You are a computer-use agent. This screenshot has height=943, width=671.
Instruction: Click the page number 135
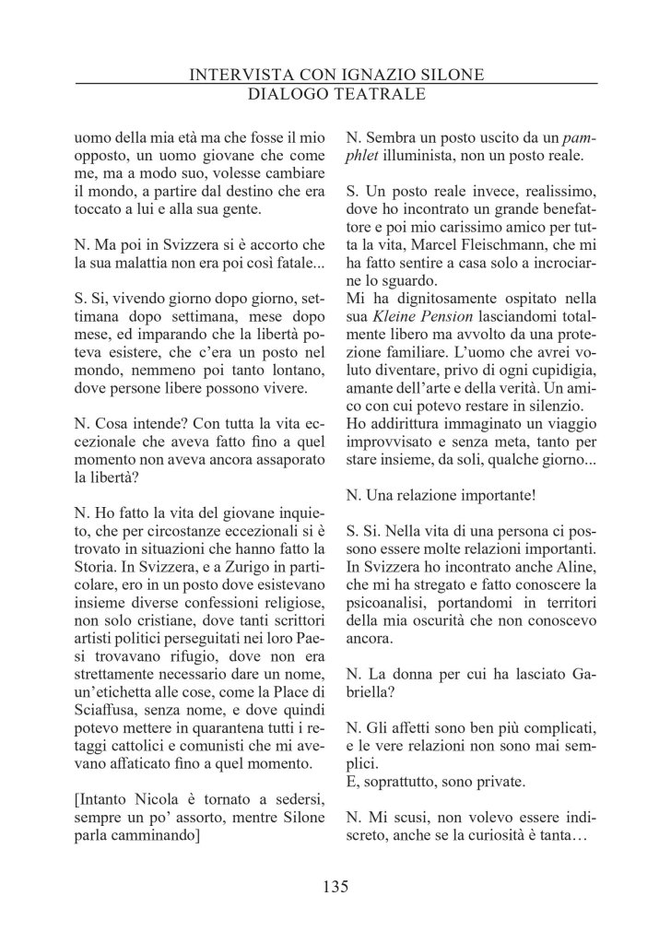[x=335, y=888]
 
